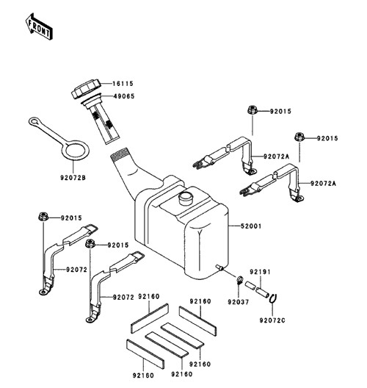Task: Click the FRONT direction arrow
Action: pos(39,26)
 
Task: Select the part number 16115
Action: pos(123,84)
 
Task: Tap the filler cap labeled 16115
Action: pos(86,90)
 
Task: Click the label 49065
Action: pos(124,96)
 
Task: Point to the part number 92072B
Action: pos(73,178)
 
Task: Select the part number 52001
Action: pos(251,226)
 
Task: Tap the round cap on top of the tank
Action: pos(186,198)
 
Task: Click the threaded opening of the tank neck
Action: pos(120,154)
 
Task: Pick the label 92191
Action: pos(260,272)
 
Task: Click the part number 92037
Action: pos(239,302)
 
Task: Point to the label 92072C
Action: pos(272,320)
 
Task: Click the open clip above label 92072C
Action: pos(273,298)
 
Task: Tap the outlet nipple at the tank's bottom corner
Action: pos(219,267)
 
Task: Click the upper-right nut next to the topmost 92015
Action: pos(252,109)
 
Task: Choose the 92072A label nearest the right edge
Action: pos(323,184)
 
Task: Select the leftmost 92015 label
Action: pos(71,218)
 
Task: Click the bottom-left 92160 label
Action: pos(143,376)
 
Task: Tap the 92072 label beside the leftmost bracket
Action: pos(76,270)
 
